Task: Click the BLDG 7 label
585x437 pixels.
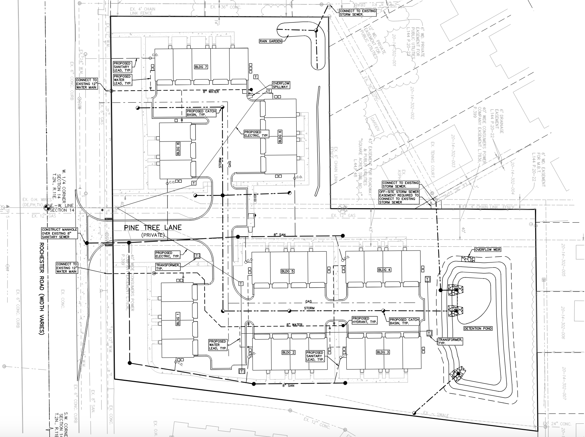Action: [201, 67]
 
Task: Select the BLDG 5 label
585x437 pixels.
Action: [287, 271]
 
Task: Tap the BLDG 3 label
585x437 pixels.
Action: [383, 352]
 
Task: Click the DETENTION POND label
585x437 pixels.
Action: [478, 328]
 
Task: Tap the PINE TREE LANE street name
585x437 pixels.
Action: [153, 227]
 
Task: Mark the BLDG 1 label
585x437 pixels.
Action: [177, 319]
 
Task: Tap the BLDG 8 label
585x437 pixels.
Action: [178, 150]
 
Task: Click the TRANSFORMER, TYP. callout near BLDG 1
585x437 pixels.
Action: [168, 267]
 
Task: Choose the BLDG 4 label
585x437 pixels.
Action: [384, 270]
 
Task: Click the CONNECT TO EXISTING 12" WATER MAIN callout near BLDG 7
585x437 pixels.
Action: [87, 84]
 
